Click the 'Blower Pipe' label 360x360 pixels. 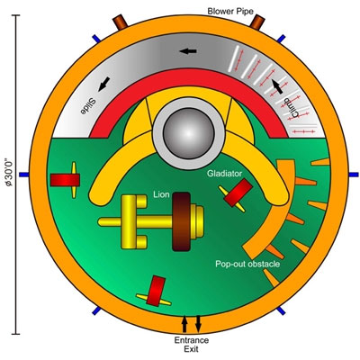coord(230,12)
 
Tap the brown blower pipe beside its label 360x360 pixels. coord(257,22)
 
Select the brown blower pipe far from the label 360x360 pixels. coord(120,22)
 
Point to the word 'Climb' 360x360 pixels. coord(292,108)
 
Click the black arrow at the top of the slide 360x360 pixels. coord(188,51)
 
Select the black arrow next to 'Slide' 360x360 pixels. coord(103,84)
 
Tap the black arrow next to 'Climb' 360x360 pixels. coord(277,86)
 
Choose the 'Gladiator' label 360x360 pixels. coord(224,174)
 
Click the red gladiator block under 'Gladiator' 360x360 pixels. coord(238,193)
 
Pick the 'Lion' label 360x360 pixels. coord(161,194)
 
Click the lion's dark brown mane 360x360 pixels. coord(182,221)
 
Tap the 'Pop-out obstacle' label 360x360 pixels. coord(247,264)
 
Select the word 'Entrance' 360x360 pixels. coord(192,340)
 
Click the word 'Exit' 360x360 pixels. coord(192,349)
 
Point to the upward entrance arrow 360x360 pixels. coord(184,324)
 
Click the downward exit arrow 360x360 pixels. coord(198,324)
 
